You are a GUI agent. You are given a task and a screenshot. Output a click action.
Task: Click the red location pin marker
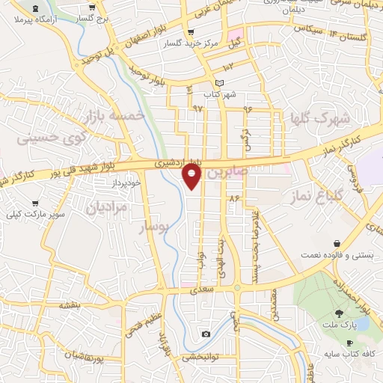pos(192,177)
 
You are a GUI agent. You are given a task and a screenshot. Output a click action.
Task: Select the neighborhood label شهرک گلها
pos(321,117)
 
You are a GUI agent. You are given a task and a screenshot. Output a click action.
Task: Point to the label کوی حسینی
pos(47,138)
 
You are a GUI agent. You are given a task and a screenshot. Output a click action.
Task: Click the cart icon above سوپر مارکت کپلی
pos(34,203)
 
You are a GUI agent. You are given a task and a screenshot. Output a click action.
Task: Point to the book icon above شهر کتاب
pos(218,82)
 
